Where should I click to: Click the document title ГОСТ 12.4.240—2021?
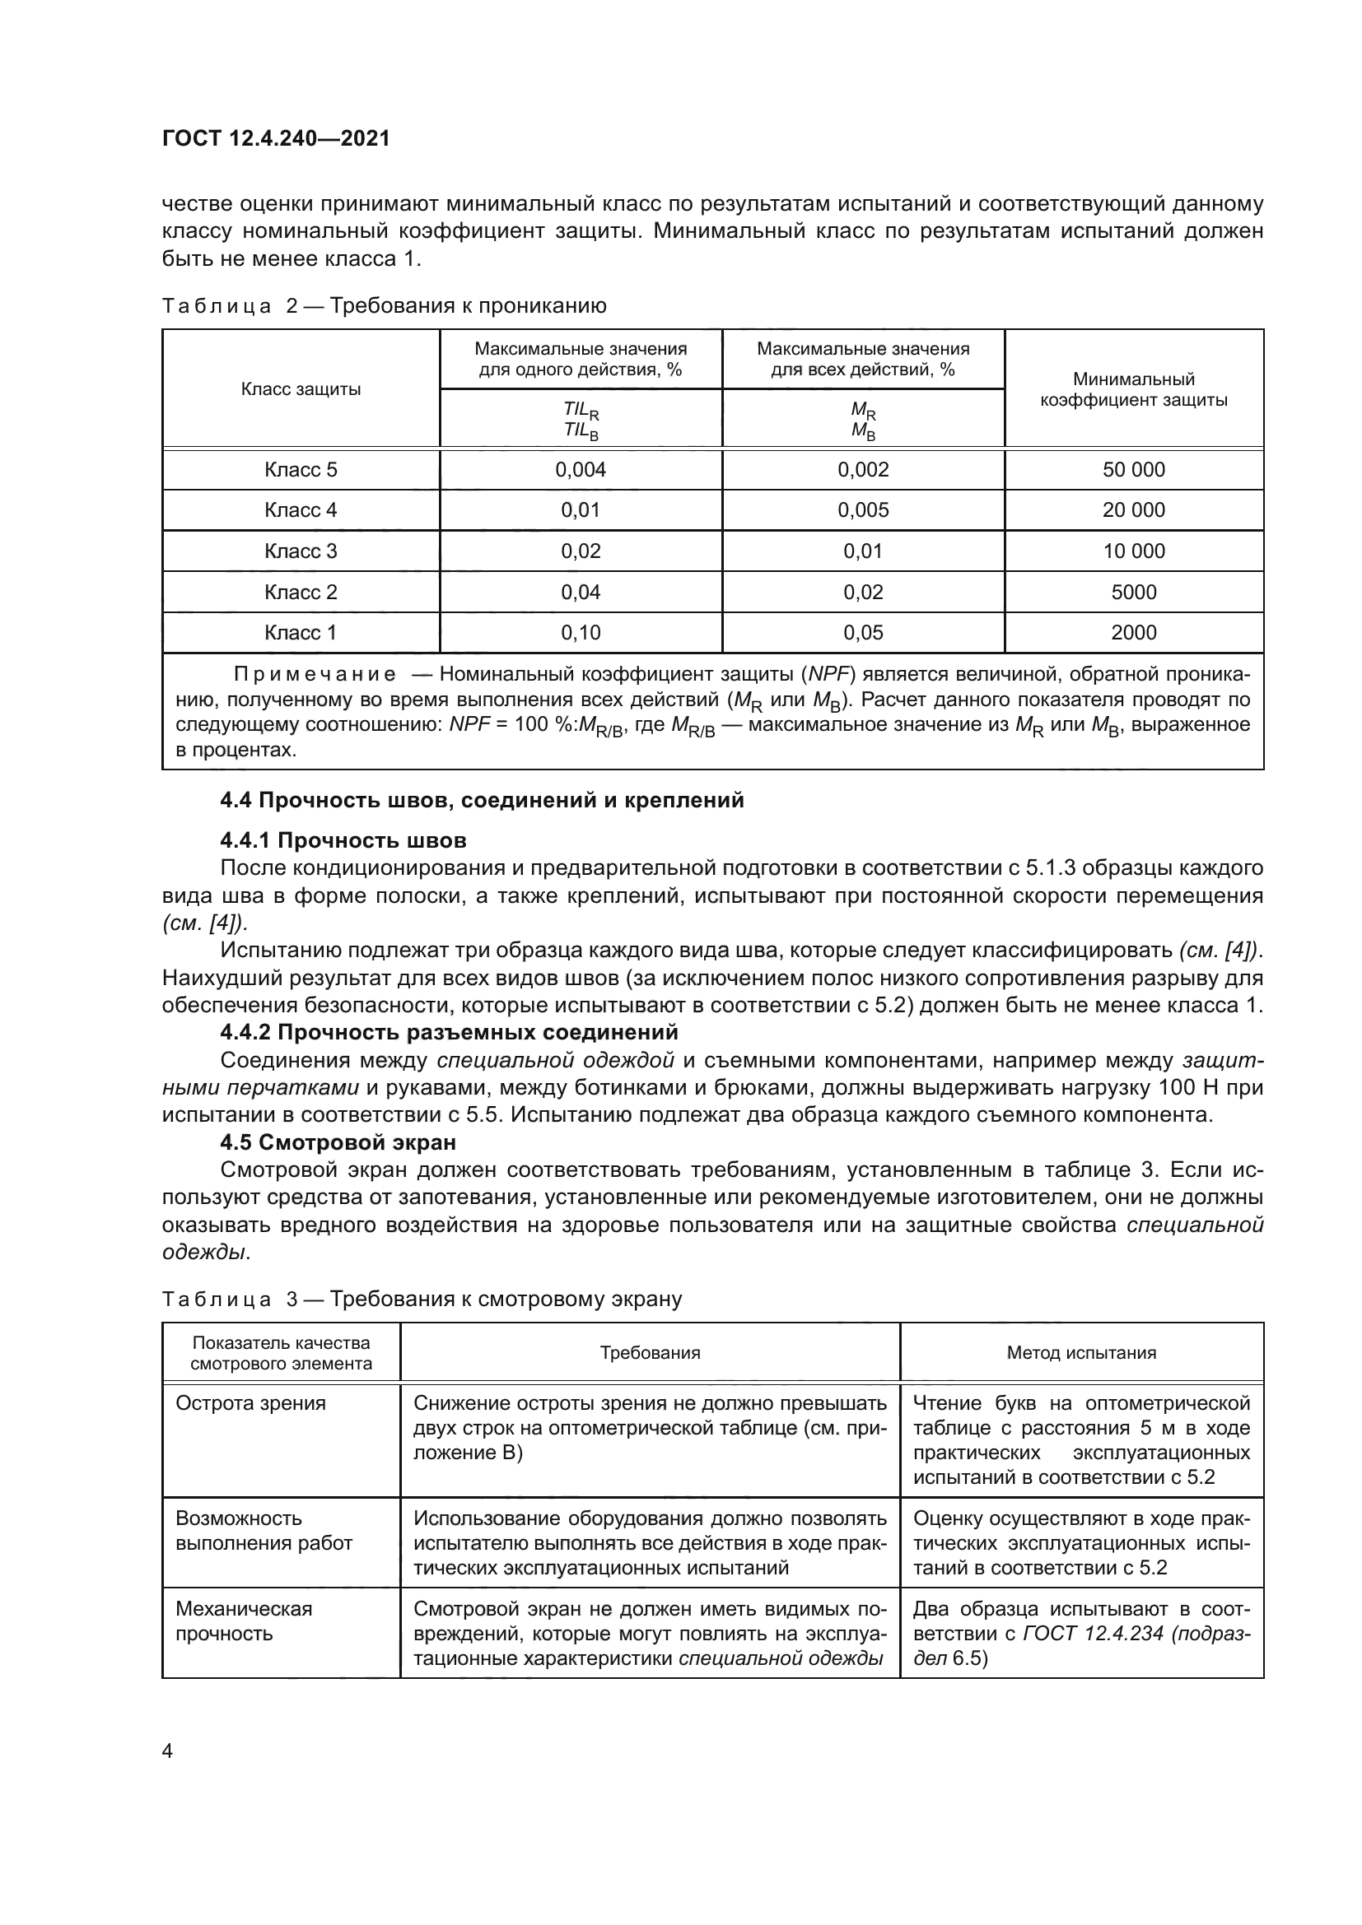pos(276,138)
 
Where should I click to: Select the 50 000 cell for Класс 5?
pos(1133,469)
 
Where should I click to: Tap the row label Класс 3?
pos(301,551)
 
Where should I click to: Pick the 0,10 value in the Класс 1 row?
pos(581,633)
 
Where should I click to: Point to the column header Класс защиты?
pos(301,389)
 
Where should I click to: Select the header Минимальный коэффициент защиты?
pos(1133,390)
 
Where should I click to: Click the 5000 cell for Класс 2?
pos(1133,592)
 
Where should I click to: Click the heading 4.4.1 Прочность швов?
pos(343,840)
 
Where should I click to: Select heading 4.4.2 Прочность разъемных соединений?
pos(449,1032)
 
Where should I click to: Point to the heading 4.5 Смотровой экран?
pos(338,1142)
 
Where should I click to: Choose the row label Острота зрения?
pos(250,1403)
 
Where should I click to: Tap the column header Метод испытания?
pos(1081,1352)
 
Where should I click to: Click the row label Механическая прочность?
pos(243,1620)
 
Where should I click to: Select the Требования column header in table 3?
pos(649,1352)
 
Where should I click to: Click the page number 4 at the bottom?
pos(167,1752)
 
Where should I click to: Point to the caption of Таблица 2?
pos(383,306)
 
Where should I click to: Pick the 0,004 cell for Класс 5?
pos(581,469)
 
